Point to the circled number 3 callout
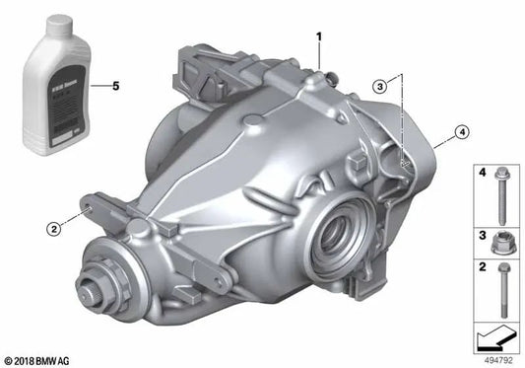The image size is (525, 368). pyautogui.click(x=380, y=87)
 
